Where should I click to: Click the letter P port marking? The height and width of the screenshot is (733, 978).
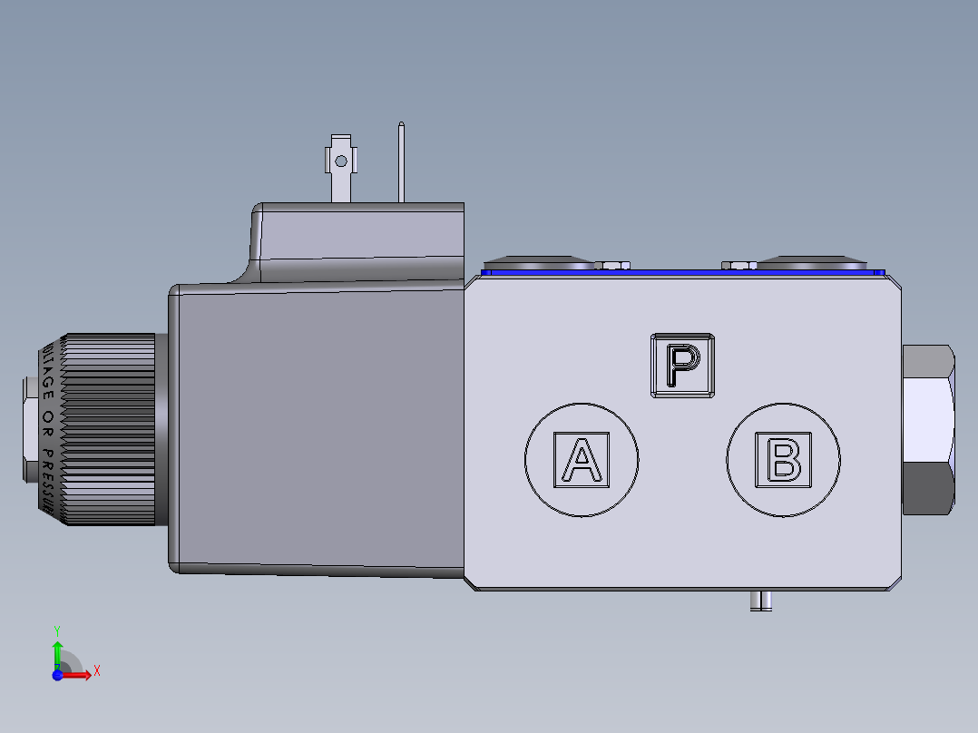click(682, 365)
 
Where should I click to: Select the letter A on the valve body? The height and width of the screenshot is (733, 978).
click(581, 460)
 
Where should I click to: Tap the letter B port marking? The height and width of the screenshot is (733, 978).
click(784, 460)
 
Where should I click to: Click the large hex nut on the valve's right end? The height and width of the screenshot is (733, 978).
click(928, 429)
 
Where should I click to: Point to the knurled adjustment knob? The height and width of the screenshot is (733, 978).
click(109, 430)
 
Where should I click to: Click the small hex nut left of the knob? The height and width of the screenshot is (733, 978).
click(29, 430)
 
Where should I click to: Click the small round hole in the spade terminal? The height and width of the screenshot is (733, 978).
click(340, 161)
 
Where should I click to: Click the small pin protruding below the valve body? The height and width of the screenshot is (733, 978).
click(760, 601)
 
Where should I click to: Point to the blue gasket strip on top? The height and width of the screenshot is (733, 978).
click(680, 271)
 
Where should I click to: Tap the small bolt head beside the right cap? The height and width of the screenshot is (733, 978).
click(738, 265)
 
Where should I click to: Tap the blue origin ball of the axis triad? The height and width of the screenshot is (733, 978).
click(57, 674)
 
